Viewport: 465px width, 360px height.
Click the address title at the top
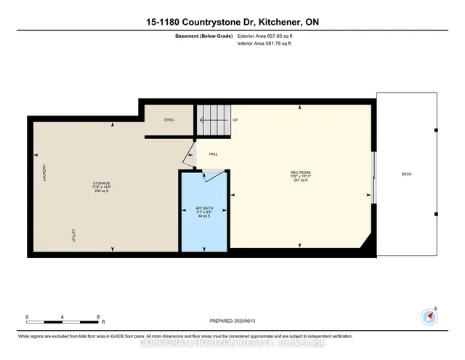pyautogui.click(x=232, y=23)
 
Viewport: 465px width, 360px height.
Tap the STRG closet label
pyautogui.click(x=169, y=120)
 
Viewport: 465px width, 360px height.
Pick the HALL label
pyautogui.click(x=214, y=154)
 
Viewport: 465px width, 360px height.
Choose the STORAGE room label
pyautogui.click(x=101, y=183)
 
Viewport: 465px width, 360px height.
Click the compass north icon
pyautogui.click(x=428, y=317)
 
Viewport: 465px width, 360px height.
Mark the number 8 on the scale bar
pyautogui.click(x=98, y=317)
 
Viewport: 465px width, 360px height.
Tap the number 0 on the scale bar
pyautogui.click(x=28, y=317)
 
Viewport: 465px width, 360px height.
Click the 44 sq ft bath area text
pyautogui.click(x=203, y=216)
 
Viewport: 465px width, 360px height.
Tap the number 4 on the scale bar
pyautogui.click(x=63, y=317)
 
